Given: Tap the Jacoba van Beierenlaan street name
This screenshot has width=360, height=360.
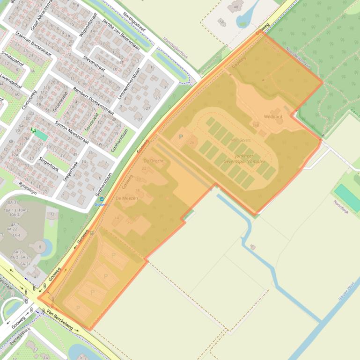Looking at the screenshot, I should click(x=121, y=35).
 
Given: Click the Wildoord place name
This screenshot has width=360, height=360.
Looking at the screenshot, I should click(x=273, y=116).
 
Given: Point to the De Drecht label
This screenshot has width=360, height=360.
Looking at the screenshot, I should click(x=154, y=161).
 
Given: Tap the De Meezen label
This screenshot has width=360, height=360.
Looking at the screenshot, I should click(x=126, y=198).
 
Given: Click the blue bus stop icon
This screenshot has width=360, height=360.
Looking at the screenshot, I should click(x=102, y=199).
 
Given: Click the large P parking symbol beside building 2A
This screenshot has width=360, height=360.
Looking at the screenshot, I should click(x=181, y=137).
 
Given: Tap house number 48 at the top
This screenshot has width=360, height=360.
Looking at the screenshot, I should click(x=235, y=7).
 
